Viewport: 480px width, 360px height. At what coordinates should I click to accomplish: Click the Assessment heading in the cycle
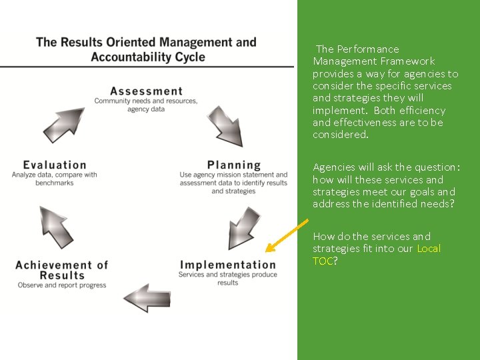146,91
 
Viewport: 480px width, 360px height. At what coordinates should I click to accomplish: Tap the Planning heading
234,165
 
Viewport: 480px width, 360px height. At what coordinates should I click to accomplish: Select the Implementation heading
227,265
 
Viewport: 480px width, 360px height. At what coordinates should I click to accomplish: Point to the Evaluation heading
55,165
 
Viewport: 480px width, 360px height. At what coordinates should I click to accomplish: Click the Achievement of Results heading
61,269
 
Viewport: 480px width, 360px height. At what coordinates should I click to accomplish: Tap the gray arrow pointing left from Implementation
147,297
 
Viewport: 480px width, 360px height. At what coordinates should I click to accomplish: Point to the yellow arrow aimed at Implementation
287,235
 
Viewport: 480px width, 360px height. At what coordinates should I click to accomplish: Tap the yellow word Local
429,249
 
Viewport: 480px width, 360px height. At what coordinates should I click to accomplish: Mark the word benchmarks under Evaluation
55,183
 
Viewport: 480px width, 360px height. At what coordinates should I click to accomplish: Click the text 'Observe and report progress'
62,285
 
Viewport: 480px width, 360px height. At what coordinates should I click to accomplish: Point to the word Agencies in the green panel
333,167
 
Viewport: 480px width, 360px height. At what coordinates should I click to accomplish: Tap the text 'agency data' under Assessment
146,109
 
